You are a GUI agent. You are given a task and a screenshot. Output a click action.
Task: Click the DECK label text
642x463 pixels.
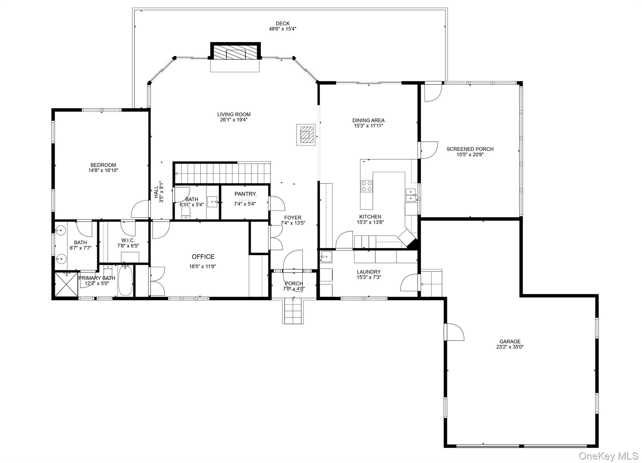click(x=282, y=24)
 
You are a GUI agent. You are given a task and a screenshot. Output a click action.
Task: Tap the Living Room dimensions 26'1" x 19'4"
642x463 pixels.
click(x=234, y=120)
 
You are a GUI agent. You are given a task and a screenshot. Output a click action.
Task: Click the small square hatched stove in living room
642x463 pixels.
click(x=306, y=135)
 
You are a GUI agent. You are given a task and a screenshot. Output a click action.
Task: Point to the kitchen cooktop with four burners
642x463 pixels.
click(x=366, y=186)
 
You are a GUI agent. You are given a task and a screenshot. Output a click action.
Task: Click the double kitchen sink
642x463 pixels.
click(x=410, y=195)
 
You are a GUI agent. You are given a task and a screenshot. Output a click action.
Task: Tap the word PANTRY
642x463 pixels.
click(x=245, y=194)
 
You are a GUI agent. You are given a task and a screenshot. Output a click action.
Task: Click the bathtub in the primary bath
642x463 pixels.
click(x=125, y=280)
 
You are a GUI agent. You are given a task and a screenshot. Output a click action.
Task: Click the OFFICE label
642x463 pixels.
click(x=203, y=257)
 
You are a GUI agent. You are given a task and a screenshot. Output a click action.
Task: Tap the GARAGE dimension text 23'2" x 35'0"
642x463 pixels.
click(x=510, y=347)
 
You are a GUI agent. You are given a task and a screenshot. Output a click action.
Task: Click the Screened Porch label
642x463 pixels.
click(x=470, y=149)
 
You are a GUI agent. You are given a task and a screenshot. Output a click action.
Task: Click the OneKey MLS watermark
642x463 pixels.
click(x=608, y=456)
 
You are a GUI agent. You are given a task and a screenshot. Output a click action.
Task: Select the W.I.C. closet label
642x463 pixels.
click(x=128, y=240)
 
